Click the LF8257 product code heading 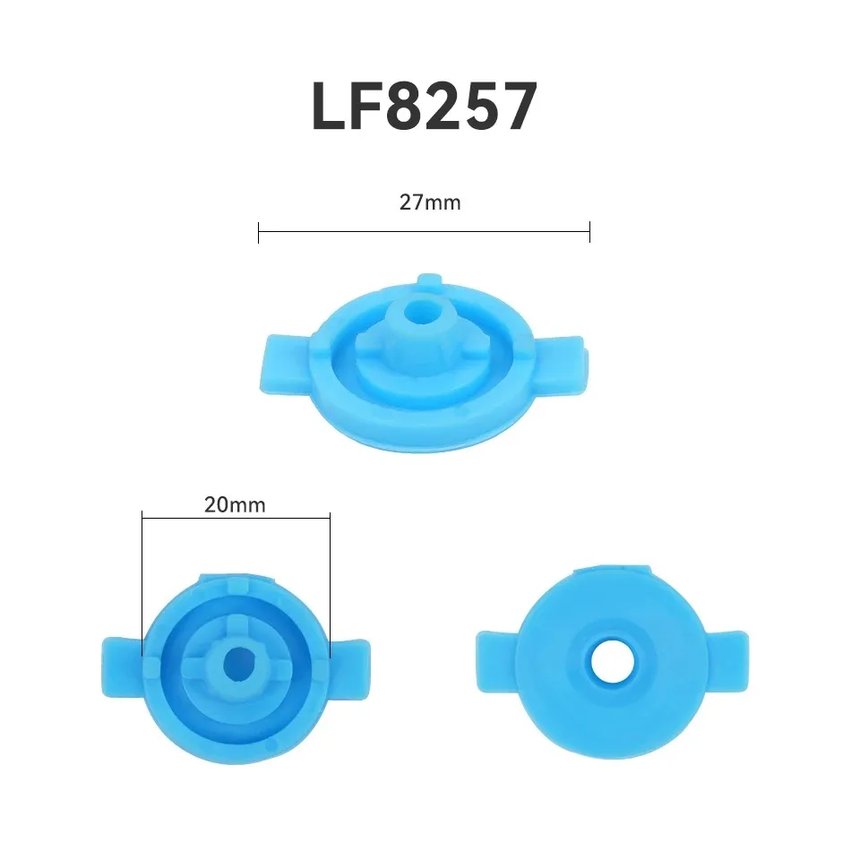[424, 107]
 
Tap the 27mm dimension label [430, 202]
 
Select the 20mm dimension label [235, 504]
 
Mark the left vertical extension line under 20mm [142, 582]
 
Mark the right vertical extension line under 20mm [331, 582]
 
